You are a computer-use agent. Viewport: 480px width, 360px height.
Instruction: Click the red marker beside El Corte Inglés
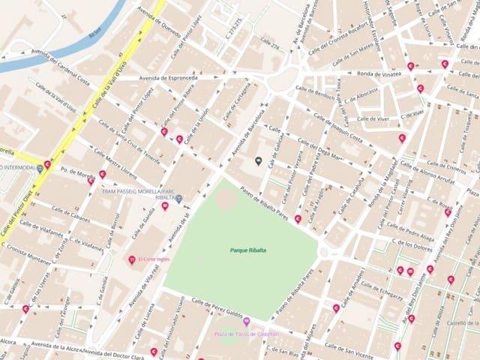131,259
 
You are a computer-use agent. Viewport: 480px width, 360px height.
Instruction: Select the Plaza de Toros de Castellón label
247,333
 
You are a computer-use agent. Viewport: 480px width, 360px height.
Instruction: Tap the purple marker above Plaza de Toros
246,322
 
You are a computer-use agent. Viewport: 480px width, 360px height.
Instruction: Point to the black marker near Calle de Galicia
259,160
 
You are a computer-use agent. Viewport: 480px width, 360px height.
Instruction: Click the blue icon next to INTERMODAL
40,169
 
